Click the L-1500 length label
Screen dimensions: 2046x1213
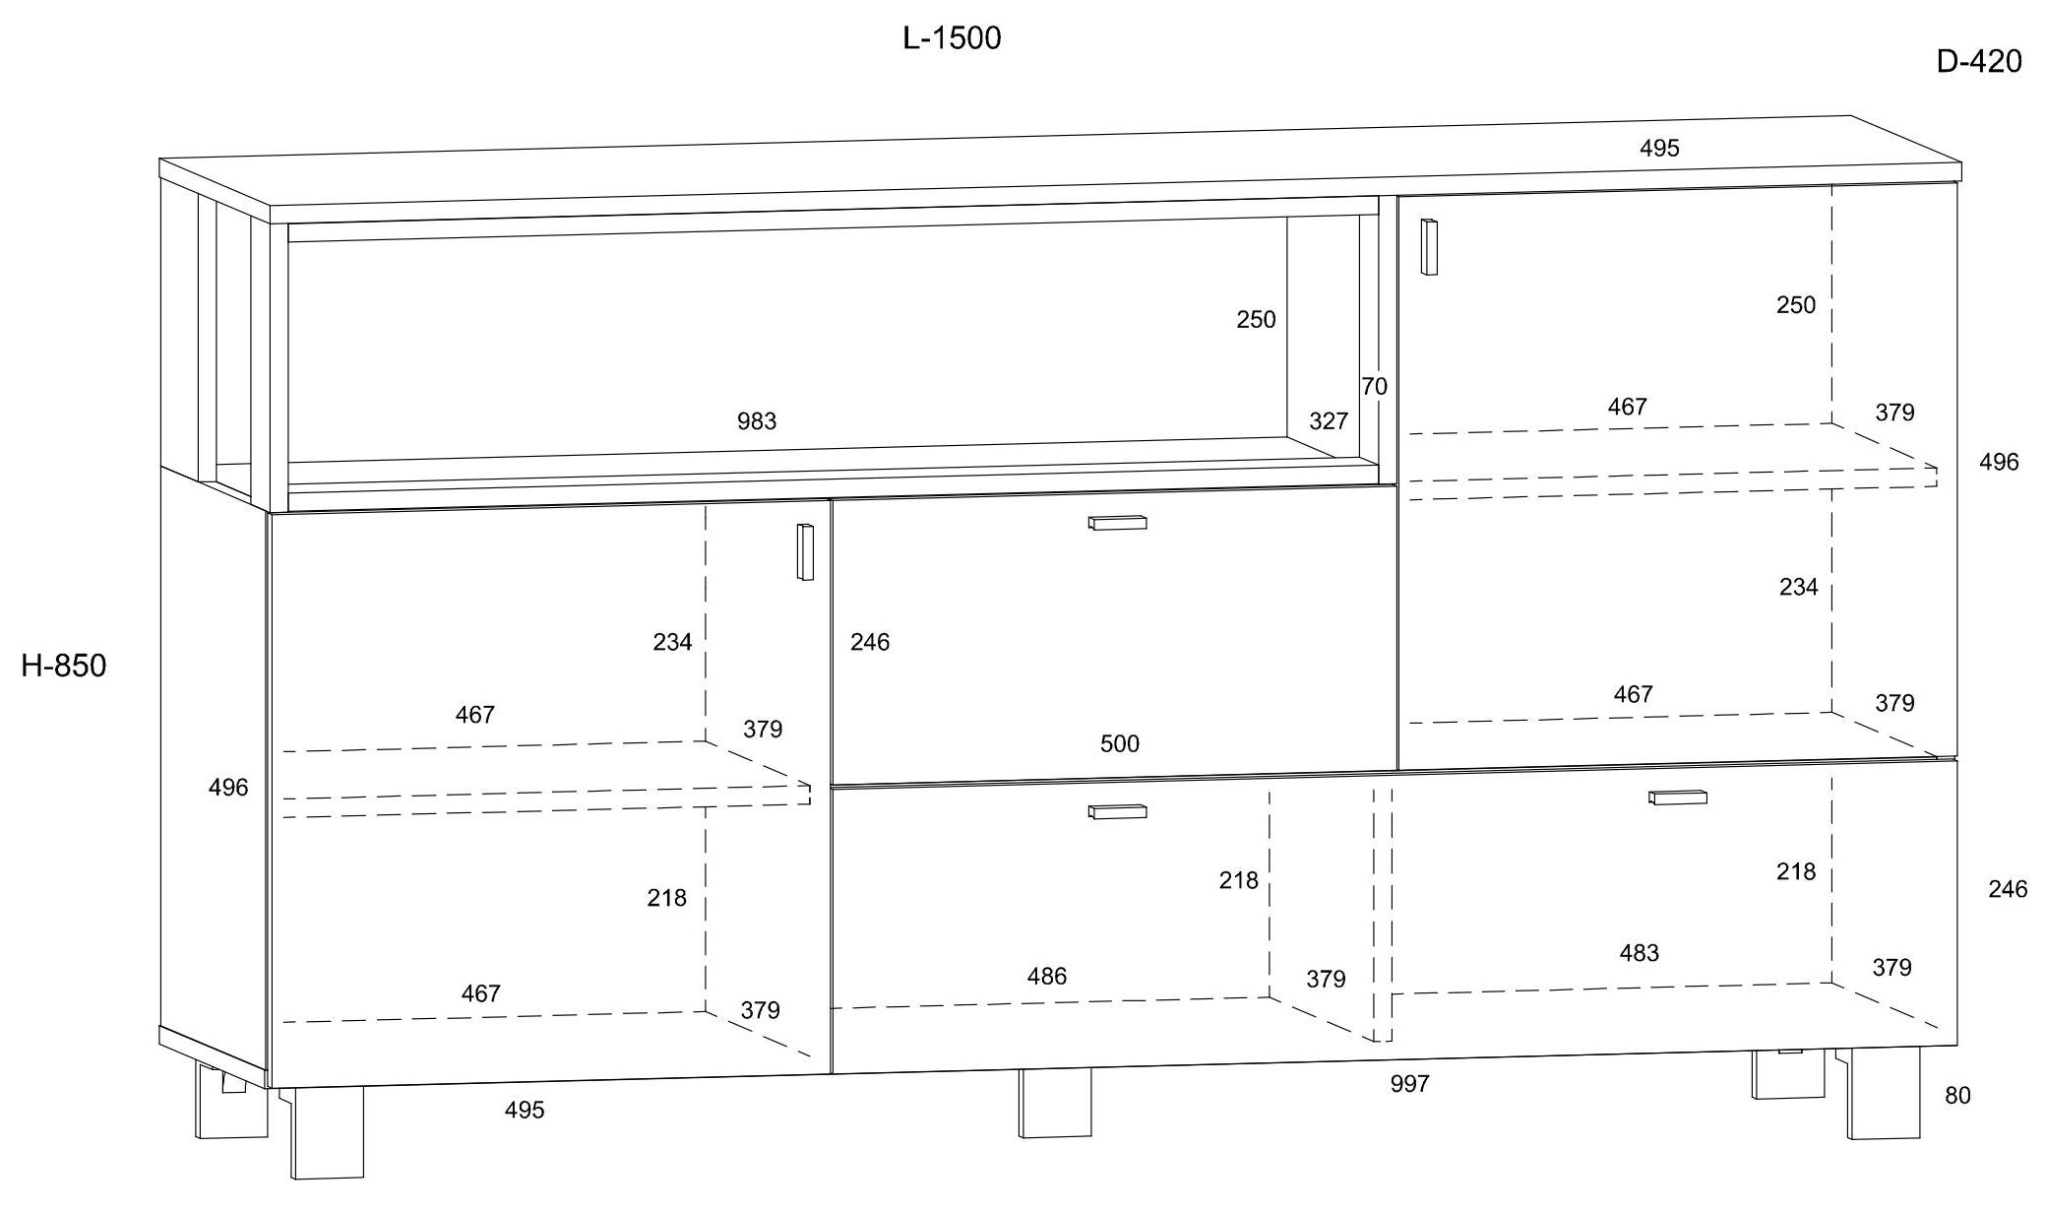(x=952, y=38)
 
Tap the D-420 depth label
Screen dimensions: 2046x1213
(x=1979, y=62)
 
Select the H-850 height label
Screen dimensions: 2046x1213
(x=64, y=667)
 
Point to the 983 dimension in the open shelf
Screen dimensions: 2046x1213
(x=757, y=421)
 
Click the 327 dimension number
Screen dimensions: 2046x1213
(x=1329, y=421)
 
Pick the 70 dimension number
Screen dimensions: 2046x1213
(x=1375, y=387)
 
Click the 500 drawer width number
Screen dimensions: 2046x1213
(x=1120, y=744)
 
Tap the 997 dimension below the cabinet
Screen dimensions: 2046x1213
(x=1409, y=1084)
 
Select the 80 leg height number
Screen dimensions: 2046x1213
(x=1957, y=1096)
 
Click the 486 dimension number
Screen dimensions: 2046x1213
(x=1046, y=977)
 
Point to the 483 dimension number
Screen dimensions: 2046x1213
(x=1639, y=953)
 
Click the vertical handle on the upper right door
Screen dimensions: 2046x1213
(x=1429, y=246)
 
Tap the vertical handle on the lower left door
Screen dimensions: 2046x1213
(x=805, y=552)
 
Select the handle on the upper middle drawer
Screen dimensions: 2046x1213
(x=1117, y=522)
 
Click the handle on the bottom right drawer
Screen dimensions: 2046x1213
(x=1678, y=797)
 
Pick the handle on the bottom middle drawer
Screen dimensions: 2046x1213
(x=1117, y=811)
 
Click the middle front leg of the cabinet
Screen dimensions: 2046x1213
(x=1055, y=1103)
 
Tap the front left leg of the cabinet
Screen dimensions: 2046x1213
(x=326, y=1132)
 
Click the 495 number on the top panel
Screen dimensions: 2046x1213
(x=1659, y=149)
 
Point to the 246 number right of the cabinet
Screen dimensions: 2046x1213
(x=2008, y=890)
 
